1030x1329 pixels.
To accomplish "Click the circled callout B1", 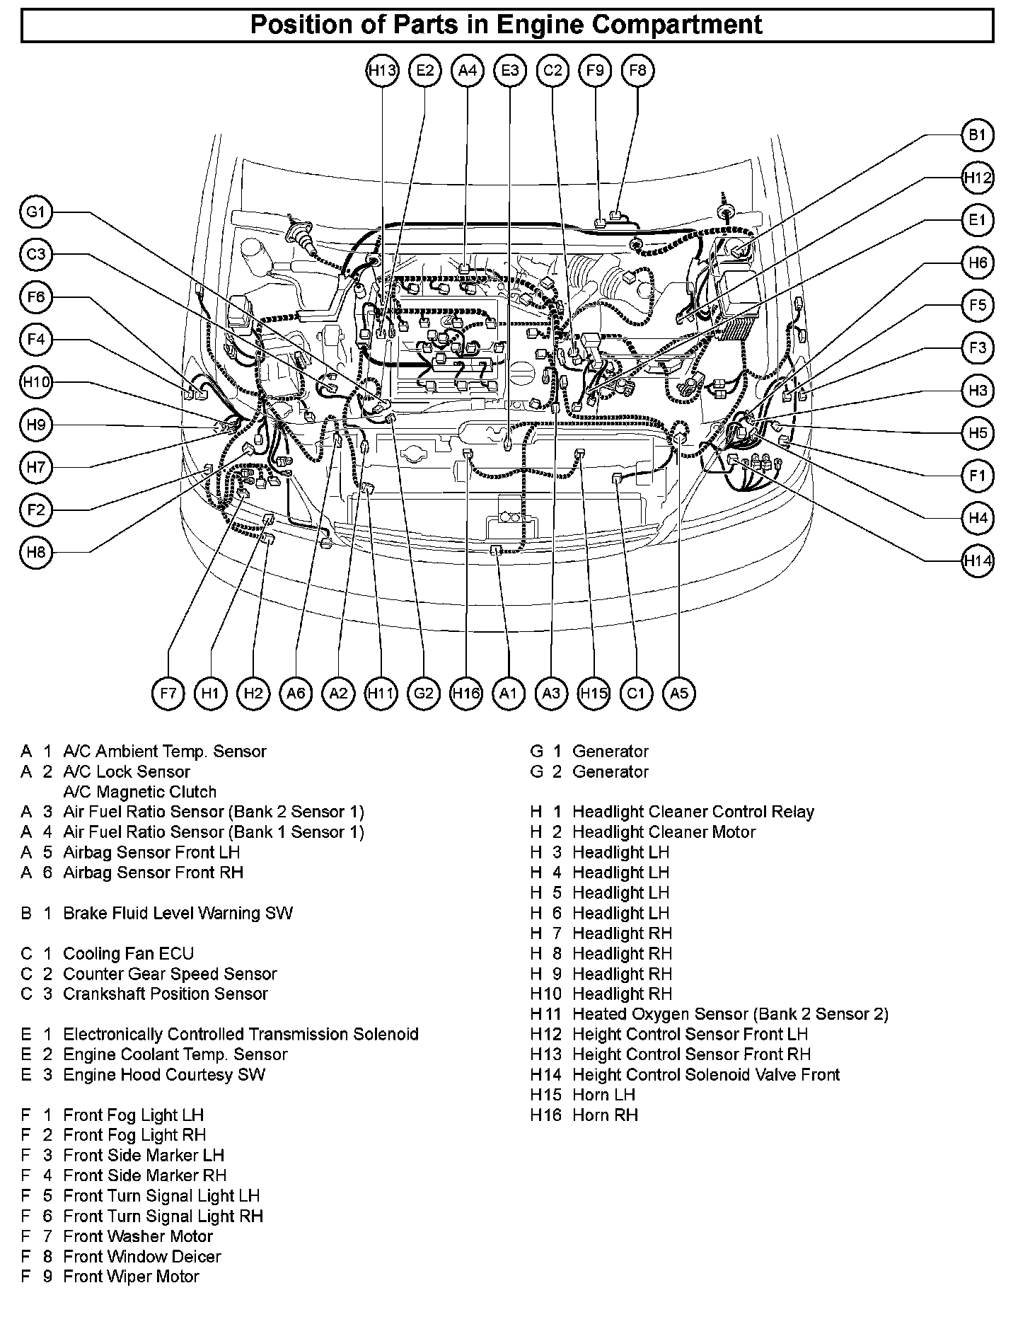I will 977,135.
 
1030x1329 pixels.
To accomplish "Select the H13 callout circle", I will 383,71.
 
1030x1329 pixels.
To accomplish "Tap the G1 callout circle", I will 36,212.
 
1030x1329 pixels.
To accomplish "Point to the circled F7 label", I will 168,694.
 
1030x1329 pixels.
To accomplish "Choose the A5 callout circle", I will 678,694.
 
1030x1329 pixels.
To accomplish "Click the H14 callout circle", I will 977,561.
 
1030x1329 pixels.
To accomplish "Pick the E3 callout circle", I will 510,71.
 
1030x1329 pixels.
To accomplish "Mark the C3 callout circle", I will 36,255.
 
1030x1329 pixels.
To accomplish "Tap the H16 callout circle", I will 466,694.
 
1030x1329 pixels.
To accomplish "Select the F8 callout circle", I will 637,71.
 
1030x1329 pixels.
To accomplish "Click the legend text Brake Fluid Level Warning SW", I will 178,914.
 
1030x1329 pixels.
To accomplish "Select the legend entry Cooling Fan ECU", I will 128,954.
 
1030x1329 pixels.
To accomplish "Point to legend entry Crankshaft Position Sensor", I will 166,994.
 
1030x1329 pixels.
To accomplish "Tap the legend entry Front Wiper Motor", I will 131,1277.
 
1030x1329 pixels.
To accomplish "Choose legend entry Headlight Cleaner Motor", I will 664,832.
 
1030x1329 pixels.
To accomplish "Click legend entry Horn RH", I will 605,1115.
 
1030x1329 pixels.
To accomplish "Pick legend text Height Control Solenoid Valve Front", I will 705,1075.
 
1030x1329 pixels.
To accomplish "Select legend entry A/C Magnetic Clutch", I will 139,792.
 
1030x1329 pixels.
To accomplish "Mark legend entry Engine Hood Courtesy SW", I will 164,1075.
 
